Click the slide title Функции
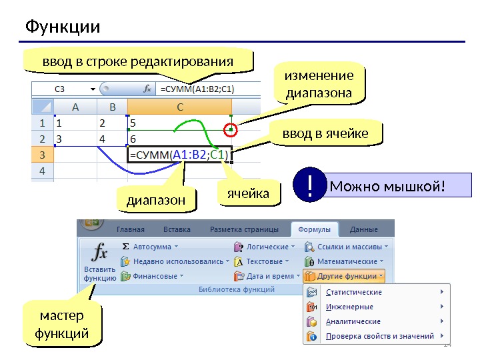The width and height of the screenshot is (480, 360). (63, 27)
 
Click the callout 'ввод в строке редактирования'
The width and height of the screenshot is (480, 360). (138, 61)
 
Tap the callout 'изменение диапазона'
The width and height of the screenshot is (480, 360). (319, 84)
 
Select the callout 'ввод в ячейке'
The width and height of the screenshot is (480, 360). (325, 134)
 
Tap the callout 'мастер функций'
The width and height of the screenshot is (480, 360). (62, 324)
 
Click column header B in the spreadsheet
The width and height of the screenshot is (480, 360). (112, 107)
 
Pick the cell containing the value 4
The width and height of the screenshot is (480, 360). (112, 139)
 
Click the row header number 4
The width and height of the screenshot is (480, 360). (42, 171)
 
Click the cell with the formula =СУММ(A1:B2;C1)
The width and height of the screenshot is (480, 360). (179, 155)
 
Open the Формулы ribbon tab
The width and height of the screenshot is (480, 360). (314, 229)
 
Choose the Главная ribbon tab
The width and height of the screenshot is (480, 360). (135, 229)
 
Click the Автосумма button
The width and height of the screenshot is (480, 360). (151, 246)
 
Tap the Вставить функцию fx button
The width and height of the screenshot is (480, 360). (100, 262)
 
